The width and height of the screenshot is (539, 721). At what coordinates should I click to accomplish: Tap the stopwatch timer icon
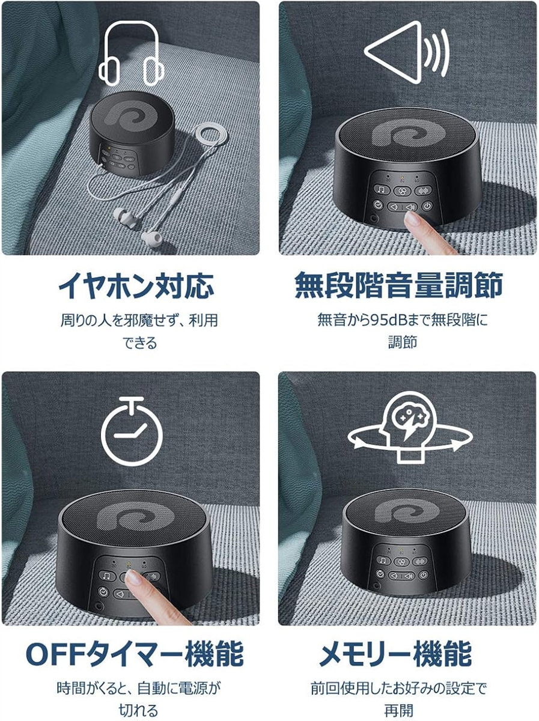[x=132, y=431]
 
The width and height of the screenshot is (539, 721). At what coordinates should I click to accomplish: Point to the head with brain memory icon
[x=410, y=427]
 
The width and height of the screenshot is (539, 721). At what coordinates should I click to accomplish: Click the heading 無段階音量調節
[x=399, y=285]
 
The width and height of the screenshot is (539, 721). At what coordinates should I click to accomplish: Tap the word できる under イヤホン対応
[x=140, y=342]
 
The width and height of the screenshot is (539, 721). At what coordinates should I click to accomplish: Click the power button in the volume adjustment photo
[x=427, y=206]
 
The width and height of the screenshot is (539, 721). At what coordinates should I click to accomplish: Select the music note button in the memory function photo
[x=383, y=560]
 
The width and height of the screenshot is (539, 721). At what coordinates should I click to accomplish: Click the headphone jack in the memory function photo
[x=377, y=585]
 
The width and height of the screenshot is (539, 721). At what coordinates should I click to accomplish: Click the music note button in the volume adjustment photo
[x=382, y=189]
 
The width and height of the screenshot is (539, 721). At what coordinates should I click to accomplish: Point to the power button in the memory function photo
[x=424, y=574]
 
